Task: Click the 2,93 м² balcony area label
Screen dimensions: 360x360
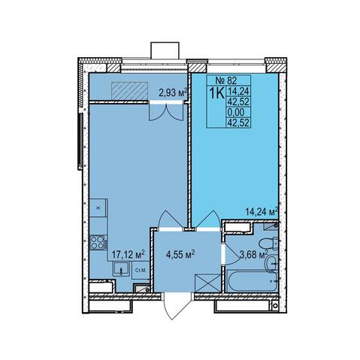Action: [173, 93]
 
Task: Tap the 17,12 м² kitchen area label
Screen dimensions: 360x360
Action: [128, 255]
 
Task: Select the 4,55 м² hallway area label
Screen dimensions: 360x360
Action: [180, 255]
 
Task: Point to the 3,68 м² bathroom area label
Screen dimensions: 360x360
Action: [253, 255]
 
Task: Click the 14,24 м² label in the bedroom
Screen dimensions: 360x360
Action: [262, 212]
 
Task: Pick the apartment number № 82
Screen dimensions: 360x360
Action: [226, 80]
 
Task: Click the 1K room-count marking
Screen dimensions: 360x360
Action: [216, 93]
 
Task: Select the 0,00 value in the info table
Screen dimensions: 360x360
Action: [235, 112]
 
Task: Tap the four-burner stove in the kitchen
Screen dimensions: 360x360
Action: [98, 243]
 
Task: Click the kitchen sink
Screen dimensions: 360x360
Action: [121, 268]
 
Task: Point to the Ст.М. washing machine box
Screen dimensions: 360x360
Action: [141, 271]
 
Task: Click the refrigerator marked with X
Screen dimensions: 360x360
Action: [98, 208]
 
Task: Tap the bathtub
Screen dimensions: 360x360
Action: [252, 281]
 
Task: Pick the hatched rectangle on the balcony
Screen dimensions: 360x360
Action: [129, 91]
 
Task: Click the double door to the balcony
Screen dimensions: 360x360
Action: [165, 111]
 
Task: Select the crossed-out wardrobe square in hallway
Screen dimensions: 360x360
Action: [208, 283]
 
